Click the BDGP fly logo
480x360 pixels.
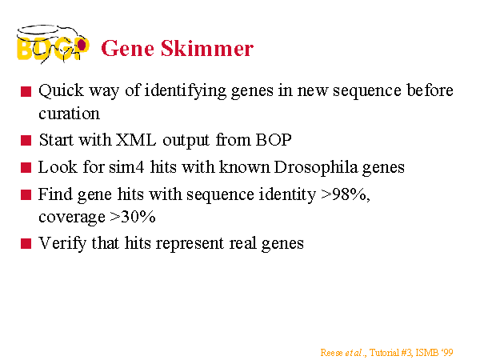(x=53, y=44)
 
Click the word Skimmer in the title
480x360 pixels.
(x=207, y=48)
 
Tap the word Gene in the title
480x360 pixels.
(x=128, y=48)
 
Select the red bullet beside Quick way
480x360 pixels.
(x=26, y=91)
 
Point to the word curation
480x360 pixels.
(x=69, y=114)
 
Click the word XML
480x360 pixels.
(x=136, y=140)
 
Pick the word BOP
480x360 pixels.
(x=274, y=140)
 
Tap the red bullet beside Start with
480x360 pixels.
(x=26, y=141)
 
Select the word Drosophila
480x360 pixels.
(x=316, y=167)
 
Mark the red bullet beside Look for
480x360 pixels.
(x=26, y=168)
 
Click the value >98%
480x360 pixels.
(x=345, y=194)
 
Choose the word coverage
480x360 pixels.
(x=72, y=218)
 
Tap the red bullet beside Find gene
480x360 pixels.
(x=26, y=194)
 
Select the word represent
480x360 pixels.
(x=190, y=244)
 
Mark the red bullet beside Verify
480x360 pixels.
(x=26, y=244)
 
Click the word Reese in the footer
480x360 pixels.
(x=331, y=353)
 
